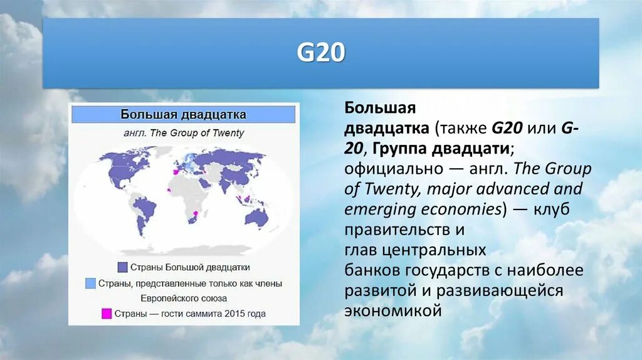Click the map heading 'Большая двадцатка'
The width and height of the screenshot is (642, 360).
pyautogui.click(x=183, y=115)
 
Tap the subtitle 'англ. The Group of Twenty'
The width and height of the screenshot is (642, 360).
pyautogui.click(x=183, y=133)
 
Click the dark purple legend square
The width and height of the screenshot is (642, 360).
pyautogui.click(x=122, y=267)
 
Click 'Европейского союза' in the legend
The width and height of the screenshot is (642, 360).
pyautogui.click(x=183, y=299)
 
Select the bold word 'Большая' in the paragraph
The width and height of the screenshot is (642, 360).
pyautogui.click(x=380, y=108)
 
